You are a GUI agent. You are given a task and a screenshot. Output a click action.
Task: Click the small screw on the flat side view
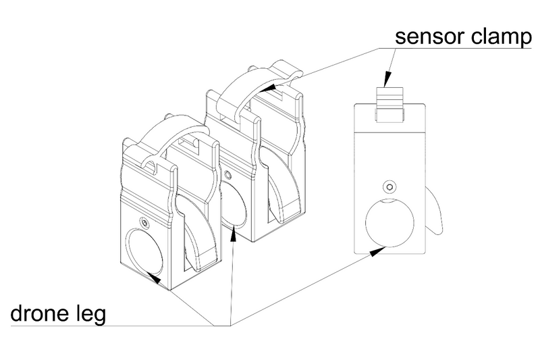click(389, 187)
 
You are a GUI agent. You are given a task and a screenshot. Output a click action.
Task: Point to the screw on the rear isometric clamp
click(227, 174)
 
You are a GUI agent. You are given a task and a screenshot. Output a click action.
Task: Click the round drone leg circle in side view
click(389, 223)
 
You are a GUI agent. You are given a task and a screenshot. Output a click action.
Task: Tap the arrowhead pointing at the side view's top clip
click(387, 79)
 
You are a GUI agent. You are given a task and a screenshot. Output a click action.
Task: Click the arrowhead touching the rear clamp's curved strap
click(269, 88)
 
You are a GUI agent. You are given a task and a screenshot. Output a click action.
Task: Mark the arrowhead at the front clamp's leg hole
click(154, 278)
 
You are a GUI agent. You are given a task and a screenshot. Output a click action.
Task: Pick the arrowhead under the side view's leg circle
click(377, 251)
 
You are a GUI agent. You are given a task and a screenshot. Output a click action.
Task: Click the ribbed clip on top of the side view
click(389, 104)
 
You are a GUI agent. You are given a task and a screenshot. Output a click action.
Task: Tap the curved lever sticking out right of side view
click(433, 211)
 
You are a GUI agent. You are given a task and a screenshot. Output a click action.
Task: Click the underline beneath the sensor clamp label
click(455, 48)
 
